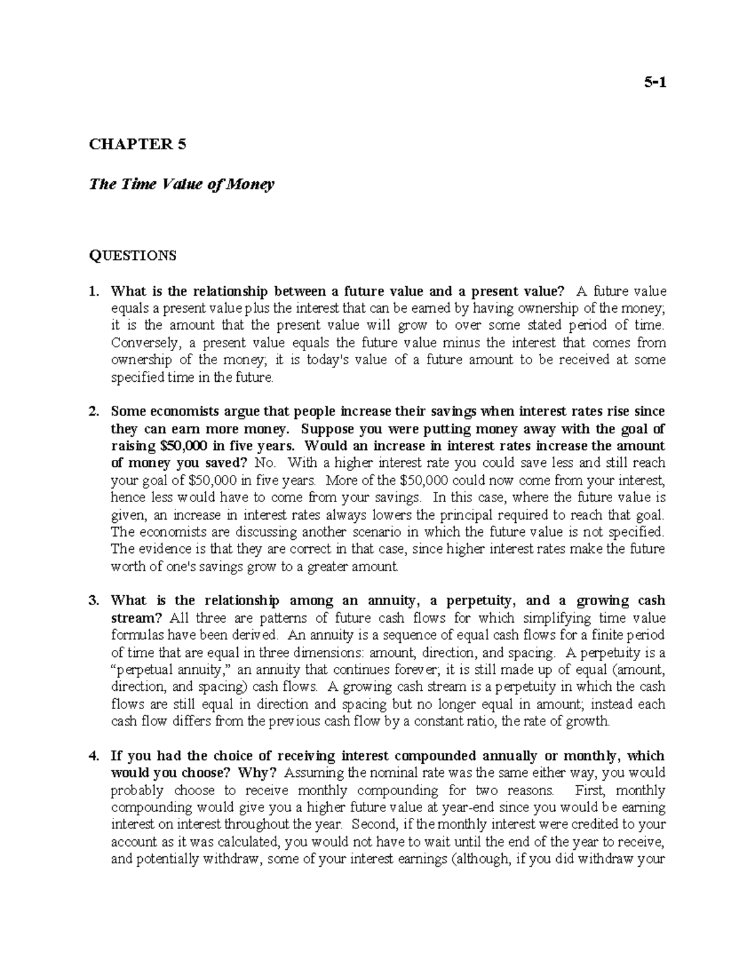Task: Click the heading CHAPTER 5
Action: point(138,145)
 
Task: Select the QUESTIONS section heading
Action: point(133,255)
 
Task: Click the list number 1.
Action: point(94,291)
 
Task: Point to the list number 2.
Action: point(94,411)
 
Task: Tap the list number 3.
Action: point(94,600)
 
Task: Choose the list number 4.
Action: point(94,756)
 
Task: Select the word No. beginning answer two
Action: point(264,463)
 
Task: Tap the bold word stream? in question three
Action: point(132,618)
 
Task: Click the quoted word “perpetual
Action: point(137,669)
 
